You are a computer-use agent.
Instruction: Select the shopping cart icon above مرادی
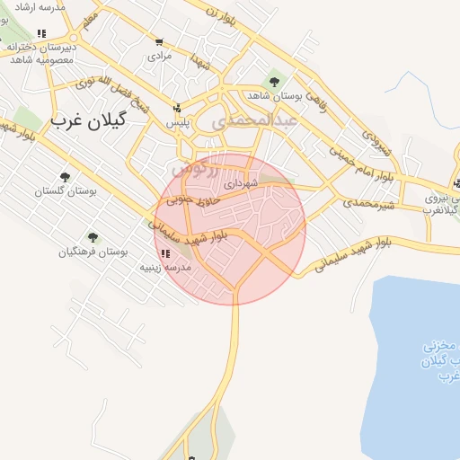(x=159, y=41)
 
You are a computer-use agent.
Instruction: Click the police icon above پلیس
(x=176, y=108)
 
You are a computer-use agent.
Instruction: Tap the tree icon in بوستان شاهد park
(x=274, y=82)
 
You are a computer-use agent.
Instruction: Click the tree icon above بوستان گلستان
(x=64, y=177)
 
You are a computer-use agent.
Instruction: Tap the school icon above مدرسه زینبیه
(x=164, y=253)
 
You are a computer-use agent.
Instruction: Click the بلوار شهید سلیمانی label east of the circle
(x=349, y=252)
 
